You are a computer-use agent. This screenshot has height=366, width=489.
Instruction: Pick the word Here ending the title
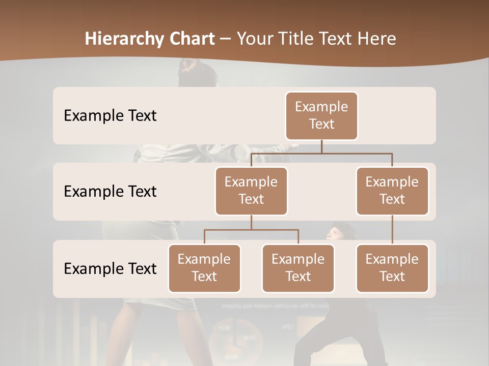click(374, 39)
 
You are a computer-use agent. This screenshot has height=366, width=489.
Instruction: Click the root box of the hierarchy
click(321, 115)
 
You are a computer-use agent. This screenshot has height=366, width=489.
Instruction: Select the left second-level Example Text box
click(251, 191)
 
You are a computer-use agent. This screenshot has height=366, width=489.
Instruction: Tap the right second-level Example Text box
click(392, 191)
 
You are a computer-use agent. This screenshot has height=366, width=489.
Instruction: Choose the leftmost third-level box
click(204, 268)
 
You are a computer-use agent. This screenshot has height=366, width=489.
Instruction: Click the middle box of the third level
click(298, 268)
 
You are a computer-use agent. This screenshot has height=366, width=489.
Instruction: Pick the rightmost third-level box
click(392, 268)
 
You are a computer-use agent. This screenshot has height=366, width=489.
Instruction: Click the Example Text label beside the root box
click(110, 116)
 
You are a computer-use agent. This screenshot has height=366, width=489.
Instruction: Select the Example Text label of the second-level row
click(110, 192)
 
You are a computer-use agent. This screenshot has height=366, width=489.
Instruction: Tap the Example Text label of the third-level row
click(110, 268)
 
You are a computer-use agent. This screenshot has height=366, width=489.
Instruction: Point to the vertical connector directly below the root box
click(321, 146)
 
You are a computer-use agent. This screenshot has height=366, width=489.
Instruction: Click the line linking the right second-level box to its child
click(392, 230)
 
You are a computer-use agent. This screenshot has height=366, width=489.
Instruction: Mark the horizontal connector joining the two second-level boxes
click(321, 153)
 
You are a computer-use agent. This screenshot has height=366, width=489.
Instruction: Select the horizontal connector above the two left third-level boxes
click(251, 230)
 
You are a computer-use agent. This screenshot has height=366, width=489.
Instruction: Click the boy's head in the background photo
click(336, 232)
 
